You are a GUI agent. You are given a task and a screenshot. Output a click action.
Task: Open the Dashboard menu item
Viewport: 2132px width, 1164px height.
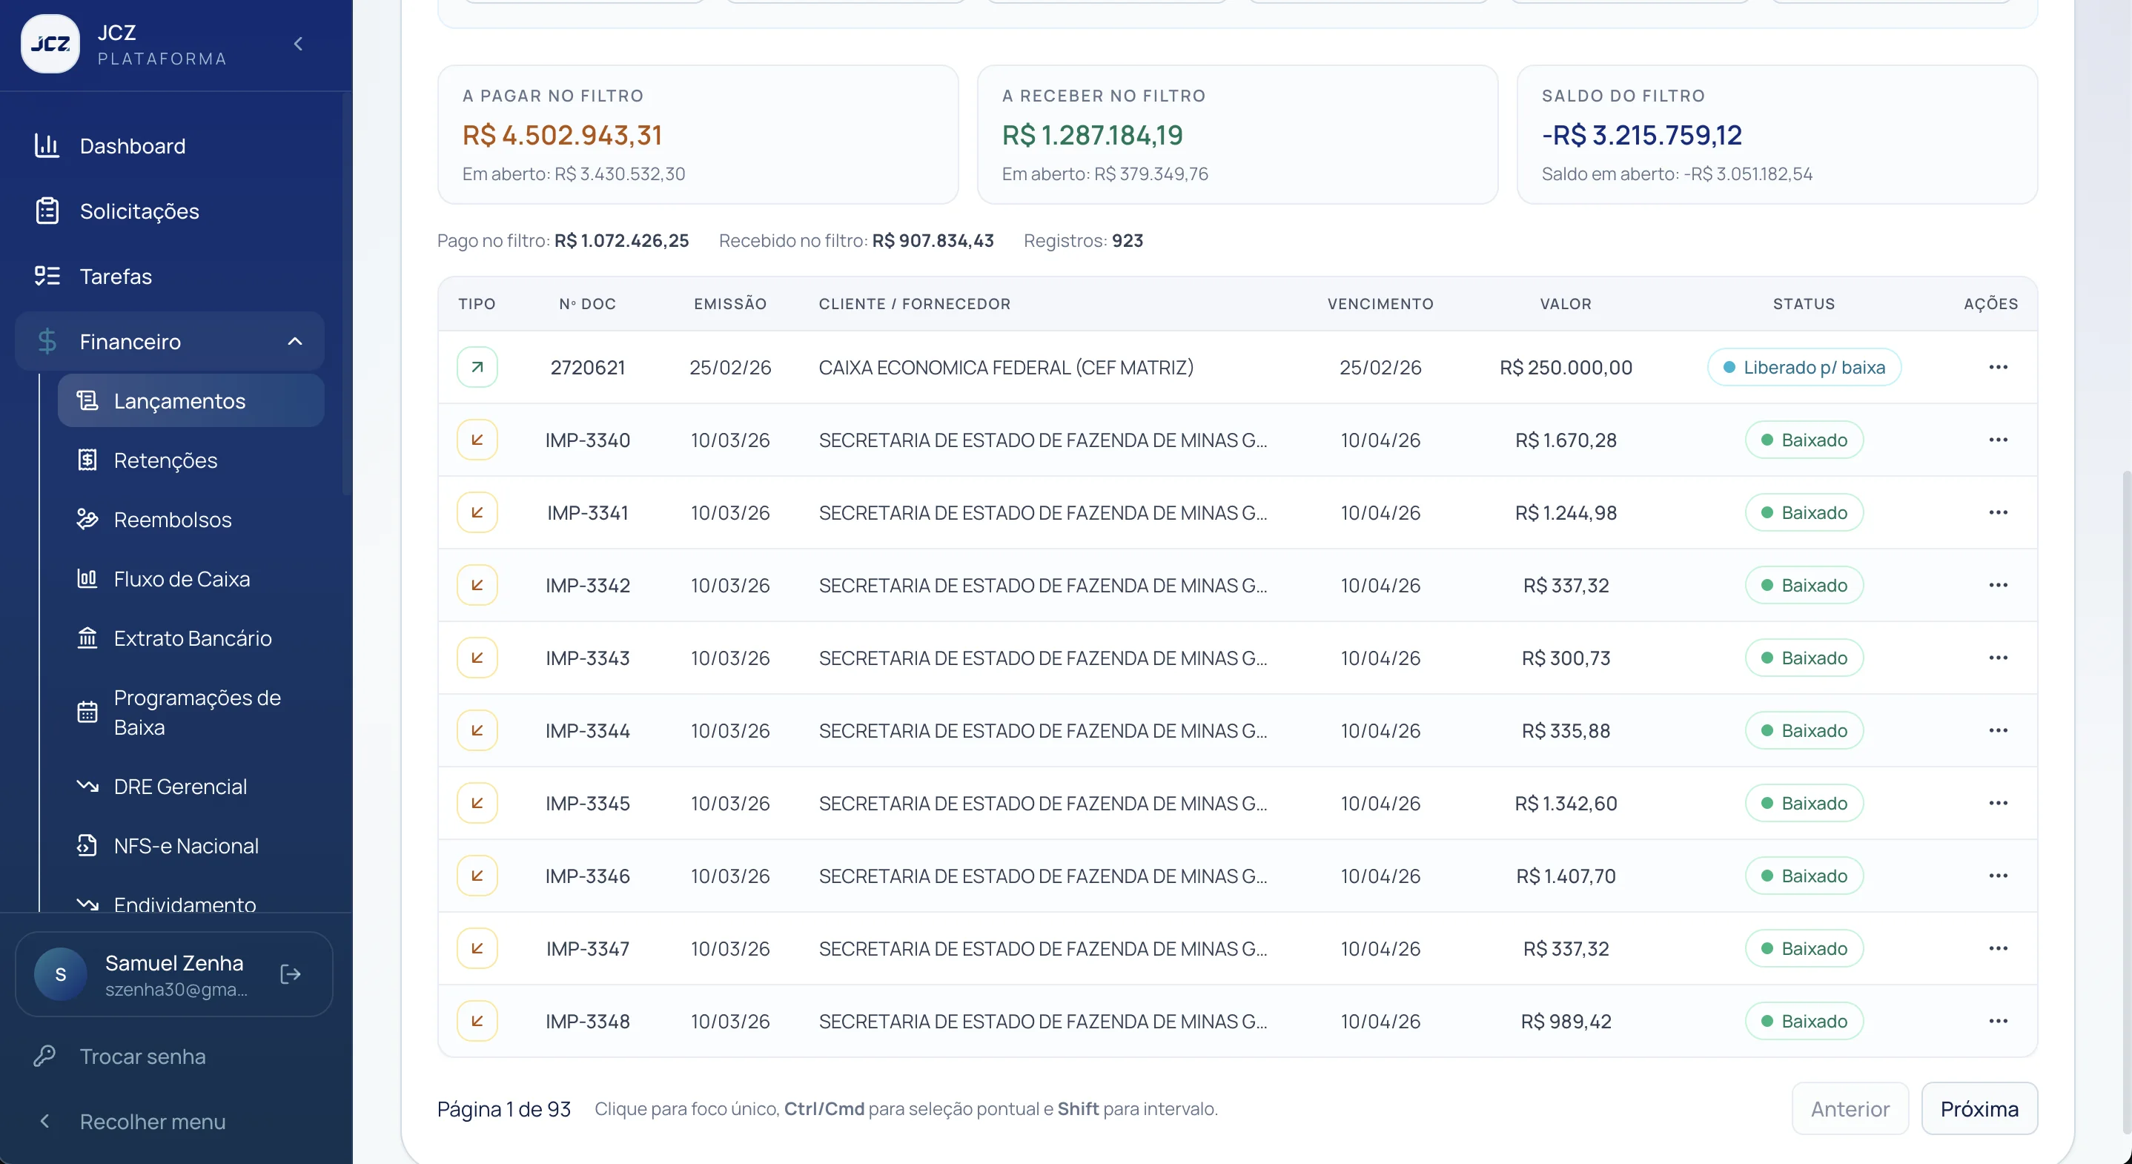(x=133, y=146)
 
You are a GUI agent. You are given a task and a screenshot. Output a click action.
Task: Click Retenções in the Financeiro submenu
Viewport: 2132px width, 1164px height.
(x=165, y=460)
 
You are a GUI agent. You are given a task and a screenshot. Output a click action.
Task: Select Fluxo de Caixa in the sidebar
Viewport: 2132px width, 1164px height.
(x=182, y=579)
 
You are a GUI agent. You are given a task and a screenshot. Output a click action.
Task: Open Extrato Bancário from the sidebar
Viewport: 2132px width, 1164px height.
(x=192, y=638)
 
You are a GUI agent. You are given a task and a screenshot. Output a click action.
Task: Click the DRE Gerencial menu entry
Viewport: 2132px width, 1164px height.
(x=179, y=787)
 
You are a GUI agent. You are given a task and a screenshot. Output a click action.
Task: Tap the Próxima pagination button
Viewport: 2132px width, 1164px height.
(x=1979, y=1108)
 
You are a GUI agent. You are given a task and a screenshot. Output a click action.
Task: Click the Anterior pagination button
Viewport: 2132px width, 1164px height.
(x=1850, y=1108)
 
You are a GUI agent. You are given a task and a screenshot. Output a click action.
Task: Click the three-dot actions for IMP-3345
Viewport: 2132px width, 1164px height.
(x=1998, y=803)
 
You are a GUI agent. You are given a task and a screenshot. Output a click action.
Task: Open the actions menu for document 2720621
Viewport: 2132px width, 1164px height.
(x=1998, y=367)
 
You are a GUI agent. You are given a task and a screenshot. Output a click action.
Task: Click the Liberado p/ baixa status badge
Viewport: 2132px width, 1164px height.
(x=1804, y=367)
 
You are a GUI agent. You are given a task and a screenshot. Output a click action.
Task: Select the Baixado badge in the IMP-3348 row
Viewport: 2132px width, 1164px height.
(x=1804, y=1021)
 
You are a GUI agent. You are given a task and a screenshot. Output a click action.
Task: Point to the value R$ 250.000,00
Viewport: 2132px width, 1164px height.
(x=1566, y=368)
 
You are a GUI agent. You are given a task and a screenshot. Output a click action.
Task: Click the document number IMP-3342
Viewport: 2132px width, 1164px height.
(x=588, y=585)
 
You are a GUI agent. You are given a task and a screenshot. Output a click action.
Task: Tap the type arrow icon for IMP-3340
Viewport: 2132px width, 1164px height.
(x=477, y=440)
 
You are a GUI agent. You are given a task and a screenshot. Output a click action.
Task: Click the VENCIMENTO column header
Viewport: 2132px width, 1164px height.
(x=1380, y=304)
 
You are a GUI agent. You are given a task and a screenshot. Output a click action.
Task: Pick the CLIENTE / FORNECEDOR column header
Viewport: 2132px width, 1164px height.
(x=915, y=304)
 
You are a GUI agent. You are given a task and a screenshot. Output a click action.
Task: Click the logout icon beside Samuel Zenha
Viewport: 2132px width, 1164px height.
(x=291, y=974)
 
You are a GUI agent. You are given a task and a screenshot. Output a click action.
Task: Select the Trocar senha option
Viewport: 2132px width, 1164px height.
(x=142, y=1056)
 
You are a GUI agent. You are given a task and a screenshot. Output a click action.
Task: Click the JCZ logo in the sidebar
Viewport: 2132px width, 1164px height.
(x=50, y=44)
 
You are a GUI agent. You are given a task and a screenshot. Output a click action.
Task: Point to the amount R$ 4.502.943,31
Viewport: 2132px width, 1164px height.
(x=562, y=135)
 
